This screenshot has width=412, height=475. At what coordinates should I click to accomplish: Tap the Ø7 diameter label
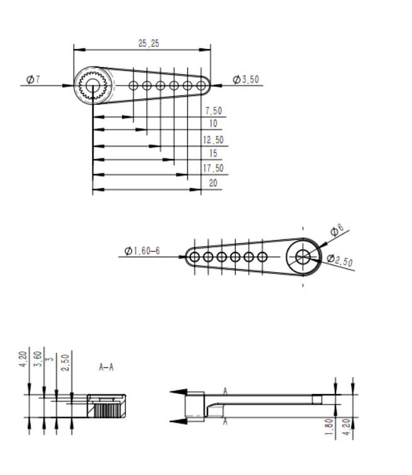tap(33, 79)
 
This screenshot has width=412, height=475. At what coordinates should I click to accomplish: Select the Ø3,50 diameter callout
tap(246, 80)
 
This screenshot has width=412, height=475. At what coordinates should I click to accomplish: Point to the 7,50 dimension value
tap(214, 111)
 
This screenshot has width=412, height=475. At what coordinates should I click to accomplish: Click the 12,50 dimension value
tap(214, 140)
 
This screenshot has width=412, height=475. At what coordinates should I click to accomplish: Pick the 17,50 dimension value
tap(214, 168)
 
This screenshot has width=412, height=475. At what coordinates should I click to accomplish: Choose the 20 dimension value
tap(213, 183)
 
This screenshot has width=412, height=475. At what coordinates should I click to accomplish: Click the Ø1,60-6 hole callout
tap(142, 251)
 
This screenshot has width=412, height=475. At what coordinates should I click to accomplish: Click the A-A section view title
tap(106, 367)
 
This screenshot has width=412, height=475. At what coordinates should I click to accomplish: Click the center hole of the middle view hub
tap(303, 256)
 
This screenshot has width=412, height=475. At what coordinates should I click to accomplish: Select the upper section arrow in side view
tap(179, 391)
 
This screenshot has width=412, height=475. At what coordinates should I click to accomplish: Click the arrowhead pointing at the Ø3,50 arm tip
tap(215, 85)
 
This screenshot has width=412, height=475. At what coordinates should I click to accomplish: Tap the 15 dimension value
tap(214, 154)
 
